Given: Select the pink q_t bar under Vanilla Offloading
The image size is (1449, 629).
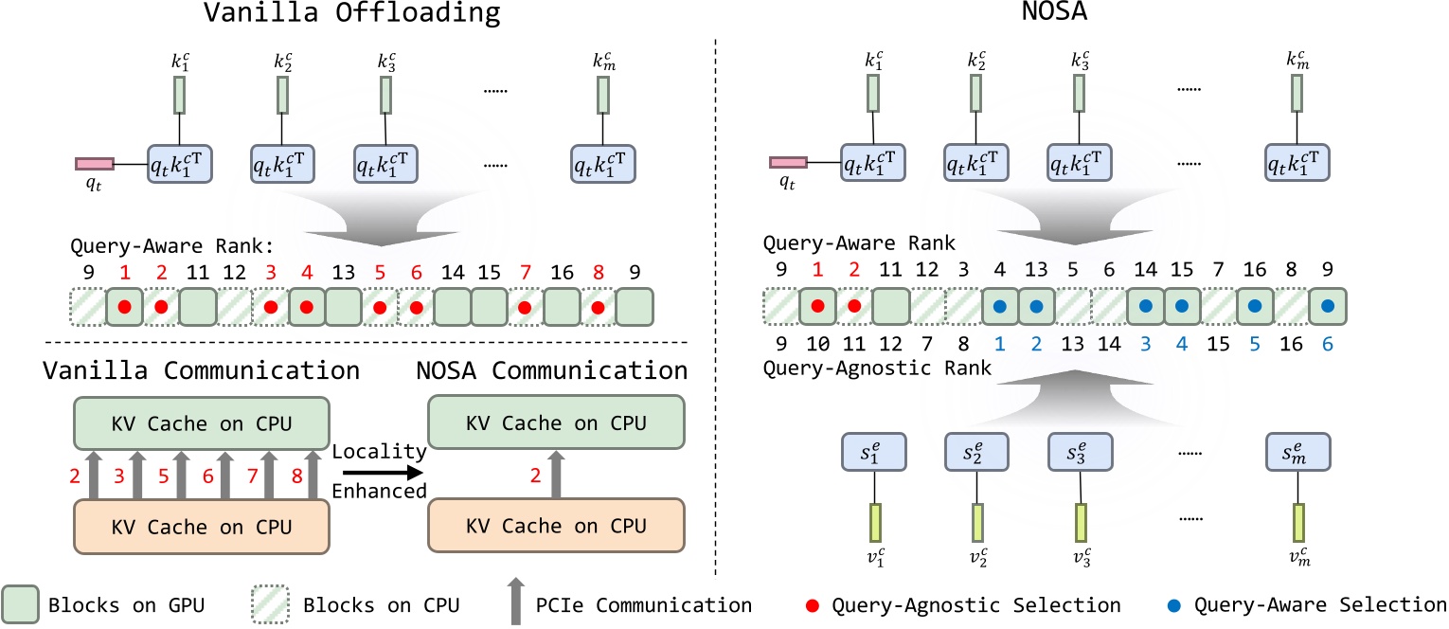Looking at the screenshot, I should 95,164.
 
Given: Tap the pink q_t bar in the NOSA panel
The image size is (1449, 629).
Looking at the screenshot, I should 788,164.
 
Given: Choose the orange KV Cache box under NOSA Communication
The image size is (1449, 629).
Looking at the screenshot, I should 557,524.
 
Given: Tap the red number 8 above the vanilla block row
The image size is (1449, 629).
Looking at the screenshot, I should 598,273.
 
